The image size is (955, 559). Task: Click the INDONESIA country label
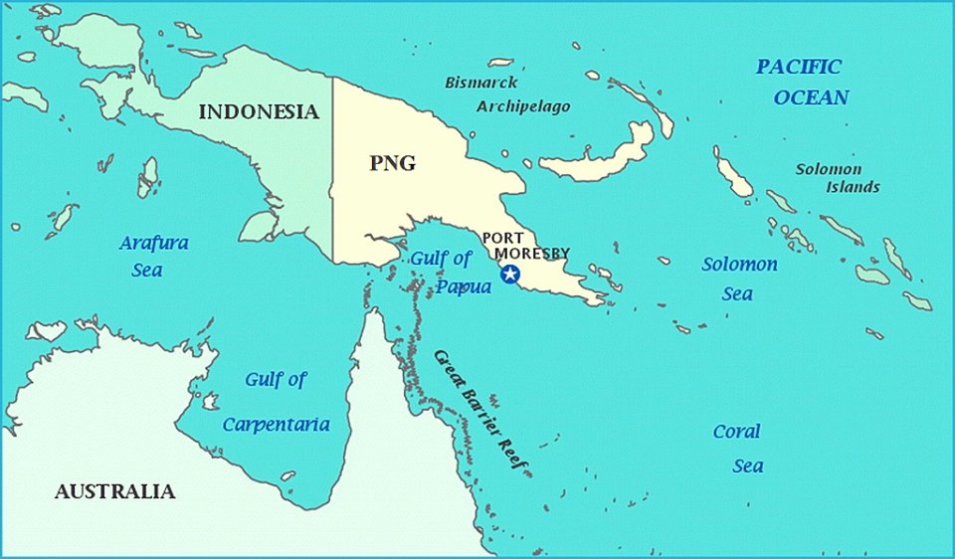tap(259, 111)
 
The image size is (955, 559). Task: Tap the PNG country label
tap(392, 164)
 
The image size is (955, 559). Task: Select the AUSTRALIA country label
tap(114, 491)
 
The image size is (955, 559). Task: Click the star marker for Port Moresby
tap(510, 275)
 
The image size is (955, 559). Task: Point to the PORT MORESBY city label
tap(525, 246)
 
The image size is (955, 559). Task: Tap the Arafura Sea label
tap(154, 256)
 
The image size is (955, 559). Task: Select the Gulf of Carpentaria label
tap(276, 402)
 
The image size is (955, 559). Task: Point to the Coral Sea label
tap(737, 449)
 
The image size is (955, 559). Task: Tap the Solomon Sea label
tap(739, 279)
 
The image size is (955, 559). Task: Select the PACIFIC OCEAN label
tap(799, 82)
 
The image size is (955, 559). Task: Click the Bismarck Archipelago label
tap(507, 94)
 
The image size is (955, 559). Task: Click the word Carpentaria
tap(276, 425)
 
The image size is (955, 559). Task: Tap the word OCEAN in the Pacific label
tap(812, 97)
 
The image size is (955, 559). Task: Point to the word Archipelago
tap(523, 106)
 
